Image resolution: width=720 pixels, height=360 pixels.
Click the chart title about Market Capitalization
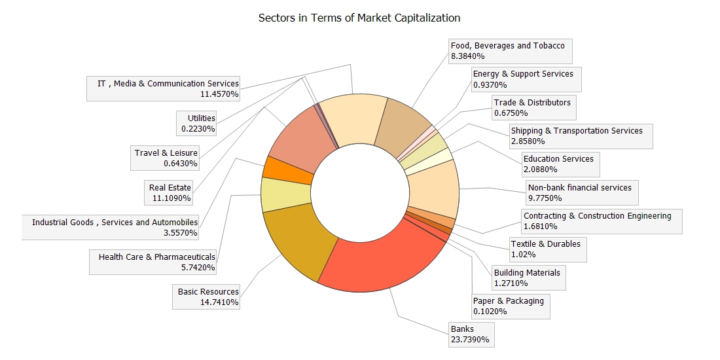[359, 18]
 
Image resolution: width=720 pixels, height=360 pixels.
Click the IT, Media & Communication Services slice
[354, 118]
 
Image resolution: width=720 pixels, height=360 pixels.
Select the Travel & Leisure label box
[166, 158]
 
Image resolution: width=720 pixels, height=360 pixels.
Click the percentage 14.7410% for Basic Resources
[220, 302]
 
